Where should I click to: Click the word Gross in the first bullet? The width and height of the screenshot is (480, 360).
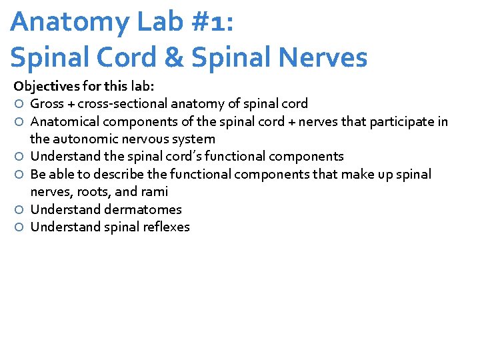[47, 103]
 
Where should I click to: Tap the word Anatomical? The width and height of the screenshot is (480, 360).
[63, 121]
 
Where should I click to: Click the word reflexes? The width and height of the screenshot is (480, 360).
[166, 227]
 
